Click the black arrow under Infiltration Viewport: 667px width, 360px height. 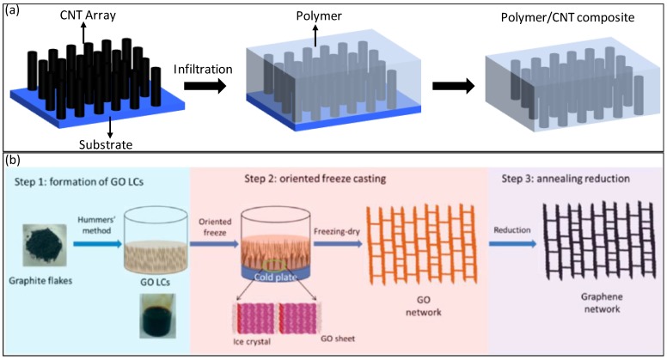[x=211, y=85]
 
